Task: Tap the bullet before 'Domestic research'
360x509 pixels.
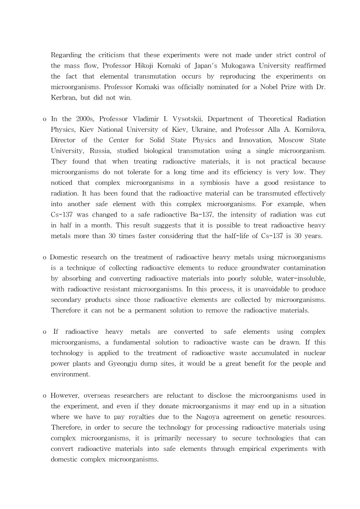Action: [x=44, y=257]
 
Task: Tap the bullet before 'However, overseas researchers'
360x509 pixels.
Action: [x=44, y=395]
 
